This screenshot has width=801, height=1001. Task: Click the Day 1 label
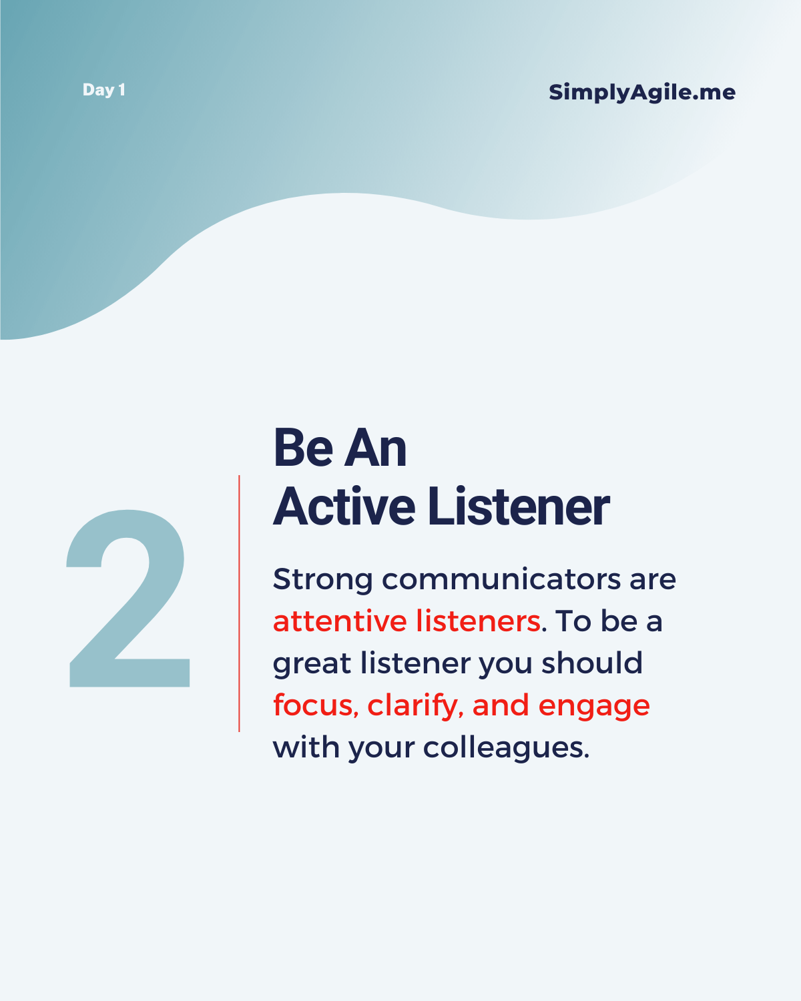tap(103, 90)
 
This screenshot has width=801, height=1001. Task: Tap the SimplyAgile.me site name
tap(642, 92)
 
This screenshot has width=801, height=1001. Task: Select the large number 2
tap(128, 598)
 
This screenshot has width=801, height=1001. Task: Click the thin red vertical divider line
tap(239, 604)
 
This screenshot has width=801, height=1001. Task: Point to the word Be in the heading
tap(304, 448)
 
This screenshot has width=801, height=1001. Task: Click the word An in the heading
tap(376, 448)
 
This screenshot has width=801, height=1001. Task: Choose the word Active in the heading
tap(344, 506)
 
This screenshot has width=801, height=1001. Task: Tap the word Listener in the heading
tap(519, 506)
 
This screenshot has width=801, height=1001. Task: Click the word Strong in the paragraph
tap(323, 581)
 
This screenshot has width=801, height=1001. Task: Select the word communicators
tap(501, 579)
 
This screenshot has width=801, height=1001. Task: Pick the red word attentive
tap(340, 621)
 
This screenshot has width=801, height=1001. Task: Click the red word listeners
tap(478, 621)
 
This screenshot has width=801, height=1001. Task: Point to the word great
tap(312, 664)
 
